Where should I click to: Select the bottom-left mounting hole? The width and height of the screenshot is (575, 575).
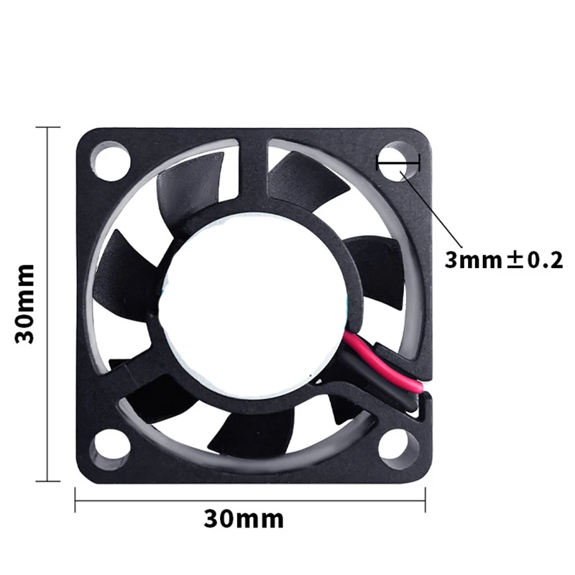[x=109, y=446]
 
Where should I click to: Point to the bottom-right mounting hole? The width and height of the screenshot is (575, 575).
[x=397, y=446]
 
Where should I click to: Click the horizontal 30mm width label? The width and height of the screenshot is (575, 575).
[x=244, y=519]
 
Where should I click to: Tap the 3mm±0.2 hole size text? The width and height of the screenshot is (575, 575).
[x=503, y=260]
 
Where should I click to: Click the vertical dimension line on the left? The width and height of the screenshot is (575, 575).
[x=48, y=303]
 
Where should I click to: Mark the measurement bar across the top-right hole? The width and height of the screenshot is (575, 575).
[x=398, y=164]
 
